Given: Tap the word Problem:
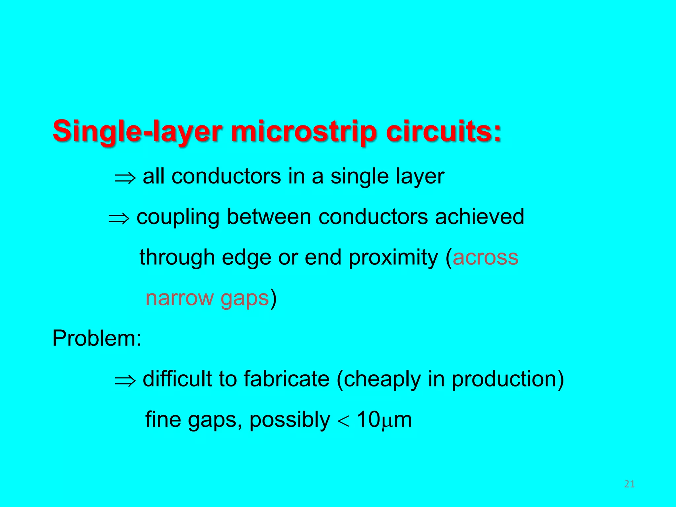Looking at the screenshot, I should (97, 338).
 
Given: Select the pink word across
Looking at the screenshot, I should (485, 258).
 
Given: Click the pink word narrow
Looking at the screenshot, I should (179, 298).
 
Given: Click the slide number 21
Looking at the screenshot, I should (629, 484).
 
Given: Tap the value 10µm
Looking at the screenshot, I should (384, 420).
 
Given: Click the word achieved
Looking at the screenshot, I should (479, 217).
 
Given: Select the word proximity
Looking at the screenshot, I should (393, 258).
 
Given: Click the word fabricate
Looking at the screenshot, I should (286, 379).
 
